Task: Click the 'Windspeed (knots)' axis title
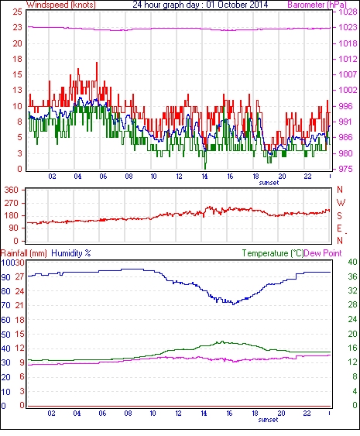click(x=61, y=5)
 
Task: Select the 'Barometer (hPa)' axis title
click(x=317, y=5)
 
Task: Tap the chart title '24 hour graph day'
click(x=166, y=5)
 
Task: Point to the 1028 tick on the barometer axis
click(x=348, y=12)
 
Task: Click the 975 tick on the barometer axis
click(x=346, y=169)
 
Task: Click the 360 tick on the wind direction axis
click(x=12, y=191)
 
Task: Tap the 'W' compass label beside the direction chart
click(x=341, y=203)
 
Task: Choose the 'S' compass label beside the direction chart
click(x=339, y=216)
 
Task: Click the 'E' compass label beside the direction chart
click(x=339, y=228)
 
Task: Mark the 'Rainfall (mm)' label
click(x=24, y=253)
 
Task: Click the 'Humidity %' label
click(x=71, y=253)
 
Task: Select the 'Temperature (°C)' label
click(x=273, y=253)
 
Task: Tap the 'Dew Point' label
click(x=323, y=253)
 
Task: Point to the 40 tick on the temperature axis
click(x=353, y=262)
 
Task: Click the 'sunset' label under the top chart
click(x=269, y=183)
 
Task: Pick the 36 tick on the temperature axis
click(x=353, y=276)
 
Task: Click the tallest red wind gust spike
click(x=97, y=63)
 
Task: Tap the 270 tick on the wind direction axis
click(x=12, y=203)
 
